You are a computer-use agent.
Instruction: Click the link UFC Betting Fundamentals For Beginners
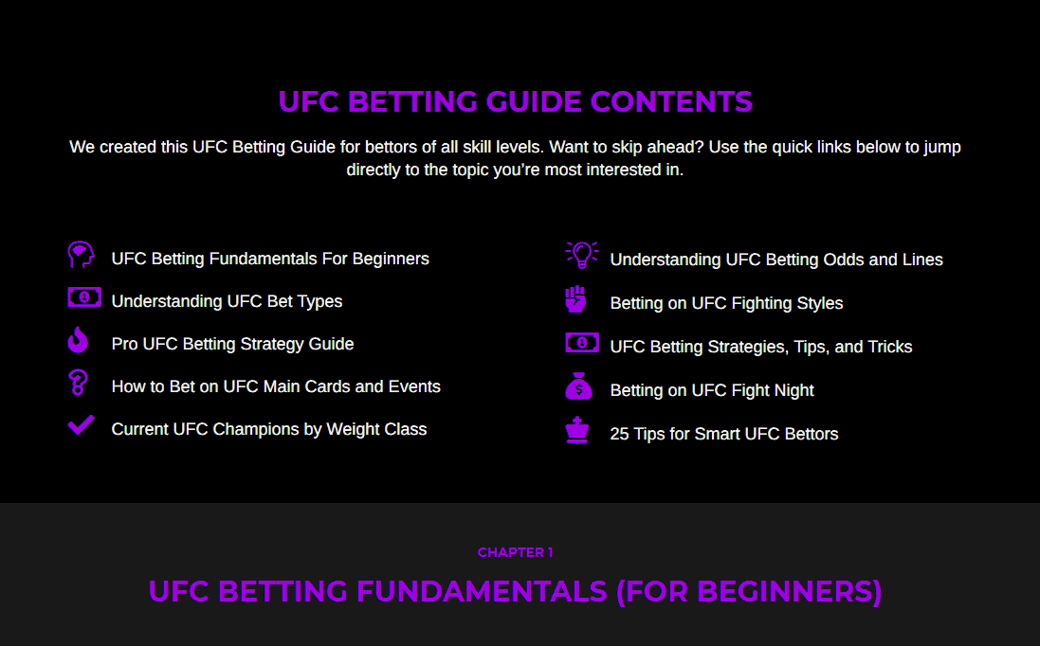coord(270,259)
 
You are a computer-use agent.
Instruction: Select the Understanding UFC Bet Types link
coord(227,301)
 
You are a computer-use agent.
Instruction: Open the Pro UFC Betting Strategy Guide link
coord(232,344)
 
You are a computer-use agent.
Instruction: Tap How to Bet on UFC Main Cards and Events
coord(276,386)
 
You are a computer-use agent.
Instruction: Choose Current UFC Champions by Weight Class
coord(268,429)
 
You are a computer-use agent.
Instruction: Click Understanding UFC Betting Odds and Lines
coord(776,260)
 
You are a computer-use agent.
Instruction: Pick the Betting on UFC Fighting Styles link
coord(726,303)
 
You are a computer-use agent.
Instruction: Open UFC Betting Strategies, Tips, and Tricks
coord(760,347)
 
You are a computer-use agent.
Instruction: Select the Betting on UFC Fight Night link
coord(712,390)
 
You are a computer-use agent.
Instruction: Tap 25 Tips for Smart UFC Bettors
coord(723,434)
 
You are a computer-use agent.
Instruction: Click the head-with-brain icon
coord(81,255)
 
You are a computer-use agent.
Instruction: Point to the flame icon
coord(79,339)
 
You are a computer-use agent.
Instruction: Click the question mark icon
coord(79,383)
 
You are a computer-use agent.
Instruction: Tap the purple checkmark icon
coord(81,424)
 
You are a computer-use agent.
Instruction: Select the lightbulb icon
coord(582,255)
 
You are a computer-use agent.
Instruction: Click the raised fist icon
coord(575,298)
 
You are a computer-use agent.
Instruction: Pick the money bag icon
coord(578,386)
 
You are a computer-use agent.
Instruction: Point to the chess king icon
coord(577,430)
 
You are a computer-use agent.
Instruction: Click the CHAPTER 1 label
coord(516,552)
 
